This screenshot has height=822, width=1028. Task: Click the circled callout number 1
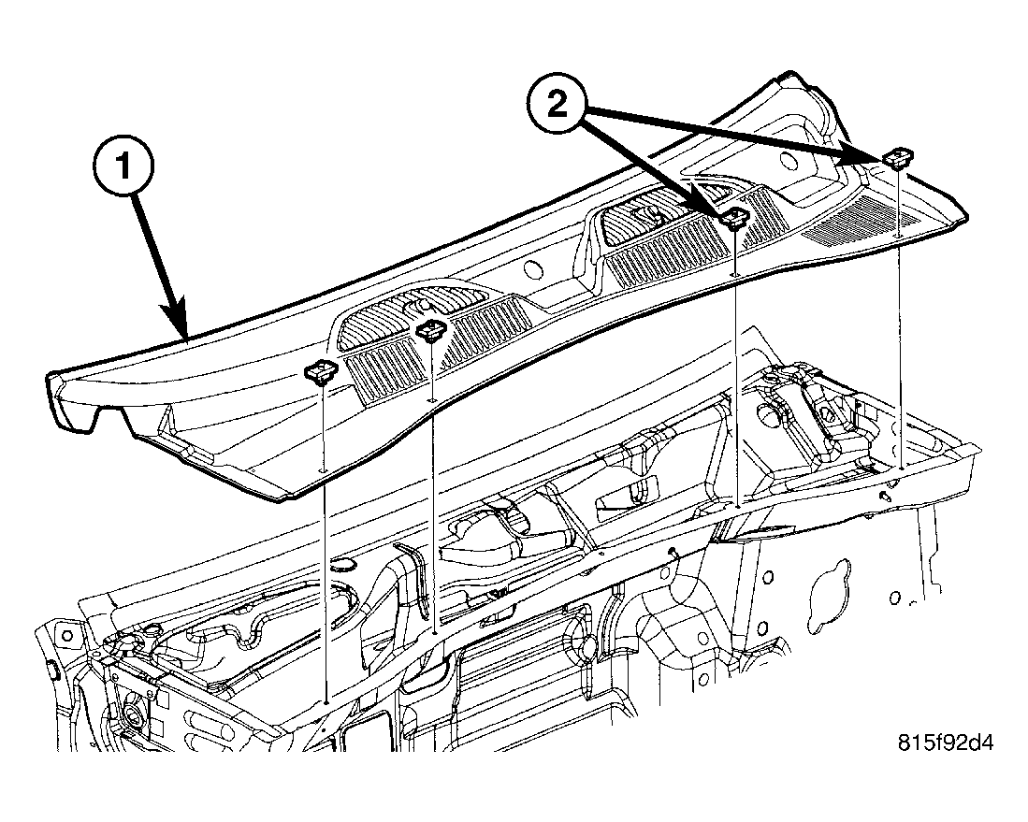[x=123, y=166]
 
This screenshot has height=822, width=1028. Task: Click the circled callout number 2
[x=557, y=105]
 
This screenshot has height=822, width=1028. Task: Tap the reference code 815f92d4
[x=946, y=743]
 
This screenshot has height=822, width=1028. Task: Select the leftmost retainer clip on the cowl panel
[x=320, y=373]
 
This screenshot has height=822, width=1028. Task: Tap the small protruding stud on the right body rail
[x=888, y=496]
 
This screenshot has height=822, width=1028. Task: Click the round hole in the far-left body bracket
[x=66, y=634]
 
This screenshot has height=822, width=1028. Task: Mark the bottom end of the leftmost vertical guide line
[x=326, y=700]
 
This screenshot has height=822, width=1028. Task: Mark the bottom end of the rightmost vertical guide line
[x=902, y=468]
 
